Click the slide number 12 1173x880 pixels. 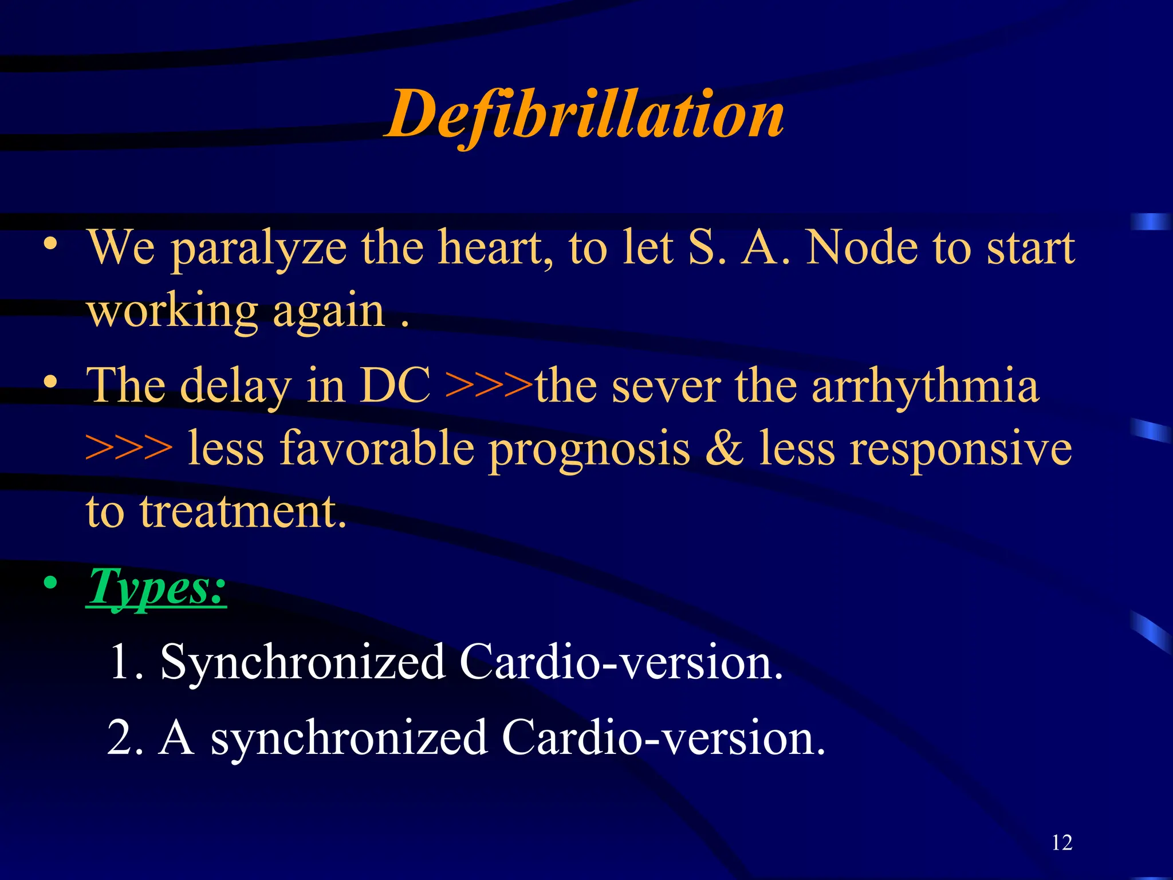(x=1062, y=843)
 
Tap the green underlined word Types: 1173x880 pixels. (x=156, y=587)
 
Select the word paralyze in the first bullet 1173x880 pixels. (x=259, y=249)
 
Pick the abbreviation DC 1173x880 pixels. (x=395, y=386)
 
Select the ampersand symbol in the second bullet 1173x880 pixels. (x=724, y=449)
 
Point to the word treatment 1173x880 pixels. (x=243, y=511)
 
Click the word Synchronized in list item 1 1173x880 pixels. (x=303, y=662)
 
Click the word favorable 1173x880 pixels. (x=331, y=449)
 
